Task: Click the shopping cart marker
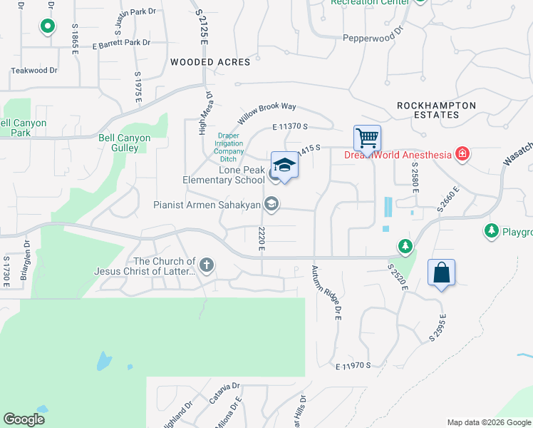pos(367,138)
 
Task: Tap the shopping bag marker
pos(441,272)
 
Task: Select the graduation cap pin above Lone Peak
pos(284,165)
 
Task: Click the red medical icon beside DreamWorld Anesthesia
pos(462,154)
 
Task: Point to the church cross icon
pos(207,266)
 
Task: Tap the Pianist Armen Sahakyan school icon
pos(271,205)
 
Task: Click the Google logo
pos(24,419)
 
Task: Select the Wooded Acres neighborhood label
pos(210,62)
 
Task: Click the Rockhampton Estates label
pos(436,110)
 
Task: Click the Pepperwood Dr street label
pos(373,38)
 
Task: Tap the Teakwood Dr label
pos(34,71)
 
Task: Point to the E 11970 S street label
pos(354,366)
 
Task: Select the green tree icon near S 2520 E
pos(405,246)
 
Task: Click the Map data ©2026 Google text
pos(489,422)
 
